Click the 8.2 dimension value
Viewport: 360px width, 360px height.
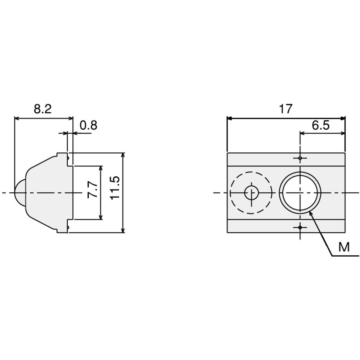43,109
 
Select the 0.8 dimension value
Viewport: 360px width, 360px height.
89,125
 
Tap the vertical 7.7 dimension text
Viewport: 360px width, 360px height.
93,190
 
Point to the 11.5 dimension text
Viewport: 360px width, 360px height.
115,188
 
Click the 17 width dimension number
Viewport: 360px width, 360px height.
285,109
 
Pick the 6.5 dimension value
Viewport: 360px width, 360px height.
320,125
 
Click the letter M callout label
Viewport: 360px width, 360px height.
344,247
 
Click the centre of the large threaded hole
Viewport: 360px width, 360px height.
300,193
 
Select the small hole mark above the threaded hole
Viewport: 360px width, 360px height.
300,158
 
